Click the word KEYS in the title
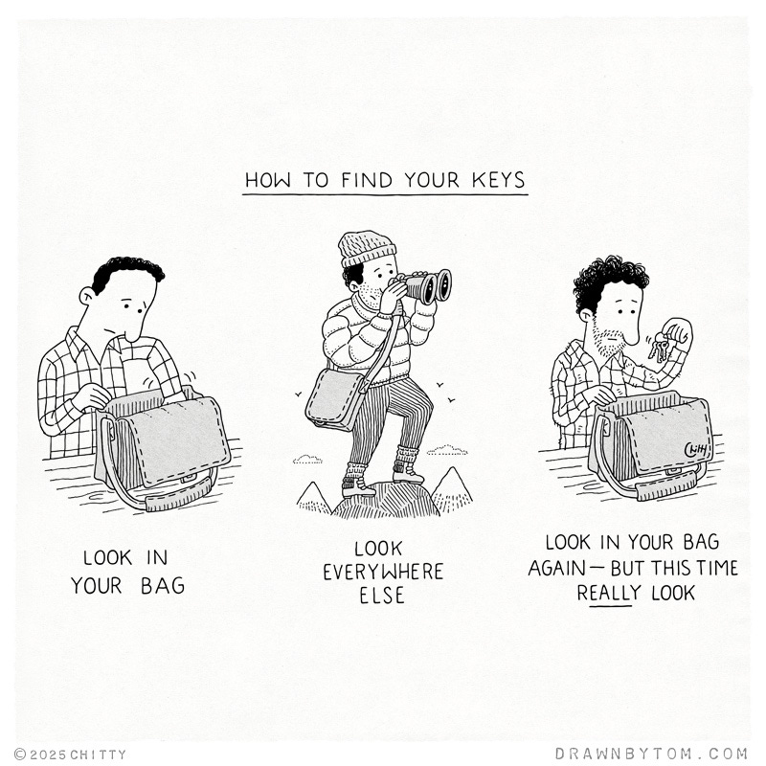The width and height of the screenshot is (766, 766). [498, 180]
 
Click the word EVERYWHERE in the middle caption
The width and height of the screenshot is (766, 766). [383, 572]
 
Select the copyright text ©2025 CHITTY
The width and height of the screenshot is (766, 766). [70, 755]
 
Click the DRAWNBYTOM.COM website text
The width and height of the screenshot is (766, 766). [652, 754]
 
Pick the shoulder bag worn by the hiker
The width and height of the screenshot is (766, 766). [337, 399]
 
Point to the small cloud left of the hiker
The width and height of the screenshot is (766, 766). [307, 460]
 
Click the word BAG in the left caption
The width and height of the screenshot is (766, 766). [163, 586]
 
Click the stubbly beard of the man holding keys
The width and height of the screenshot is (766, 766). [608, 341]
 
